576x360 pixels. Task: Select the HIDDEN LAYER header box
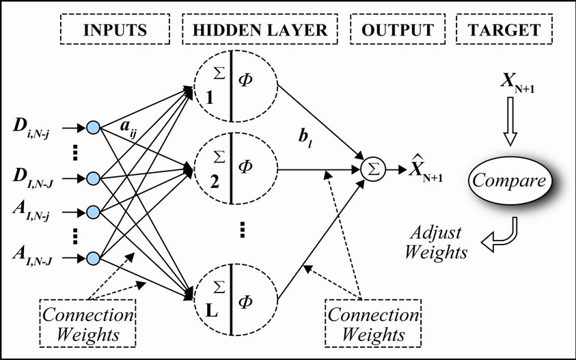pos(259,30)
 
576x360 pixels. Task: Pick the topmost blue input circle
pos(94,128)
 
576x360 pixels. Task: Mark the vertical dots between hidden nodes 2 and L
pos(243,232)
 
